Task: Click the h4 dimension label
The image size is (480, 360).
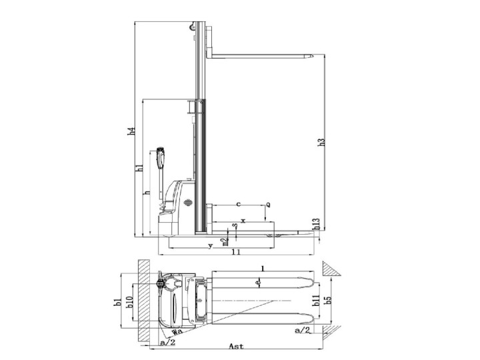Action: pos(133,132)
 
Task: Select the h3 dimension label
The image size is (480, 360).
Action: pos(321,142)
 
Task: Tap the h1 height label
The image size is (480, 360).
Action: pos(140,168)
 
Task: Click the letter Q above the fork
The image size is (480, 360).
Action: pos(268,205)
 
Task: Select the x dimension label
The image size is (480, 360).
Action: pos(243,219)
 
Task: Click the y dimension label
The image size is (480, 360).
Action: pos(210,246)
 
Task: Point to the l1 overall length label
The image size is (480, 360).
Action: pos(235,253)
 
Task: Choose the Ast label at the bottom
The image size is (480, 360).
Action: pos(235,347)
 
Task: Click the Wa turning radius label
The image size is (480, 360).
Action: pos(177,331)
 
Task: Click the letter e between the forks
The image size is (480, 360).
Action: pos(258,283)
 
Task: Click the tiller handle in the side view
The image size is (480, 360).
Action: pos(160,158)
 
